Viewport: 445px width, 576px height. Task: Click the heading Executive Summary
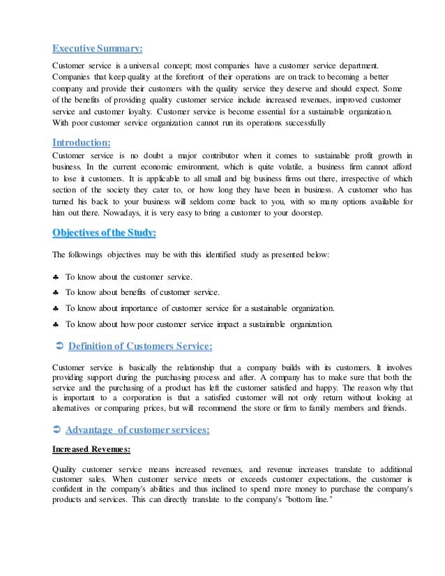pyautogui.click(x=98, y=48)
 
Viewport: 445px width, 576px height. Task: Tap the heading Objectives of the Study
pyautogui.click(x=105, y=232)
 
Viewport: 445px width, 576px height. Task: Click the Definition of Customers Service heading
pyautogui.click(x=139, y=346)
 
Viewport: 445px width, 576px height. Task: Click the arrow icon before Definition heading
pyautogui.click(x=59, y=346)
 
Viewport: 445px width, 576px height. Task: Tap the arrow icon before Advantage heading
pyautogui.click(x=59, y=430)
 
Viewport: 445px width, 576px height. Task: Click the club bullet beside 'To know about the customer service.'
pyautogui.click(x=56, y=278)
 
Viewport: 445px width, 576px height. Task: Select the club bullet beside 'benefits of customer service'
pyautogui.click(x=56, y=292)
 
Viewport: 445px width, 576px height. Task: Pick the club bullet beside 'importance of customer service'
pyautogui.click(x=56, y=308)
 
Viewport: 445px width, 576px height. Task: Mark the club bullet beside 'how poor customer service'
pyautogui.click(x=56, y=324)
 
